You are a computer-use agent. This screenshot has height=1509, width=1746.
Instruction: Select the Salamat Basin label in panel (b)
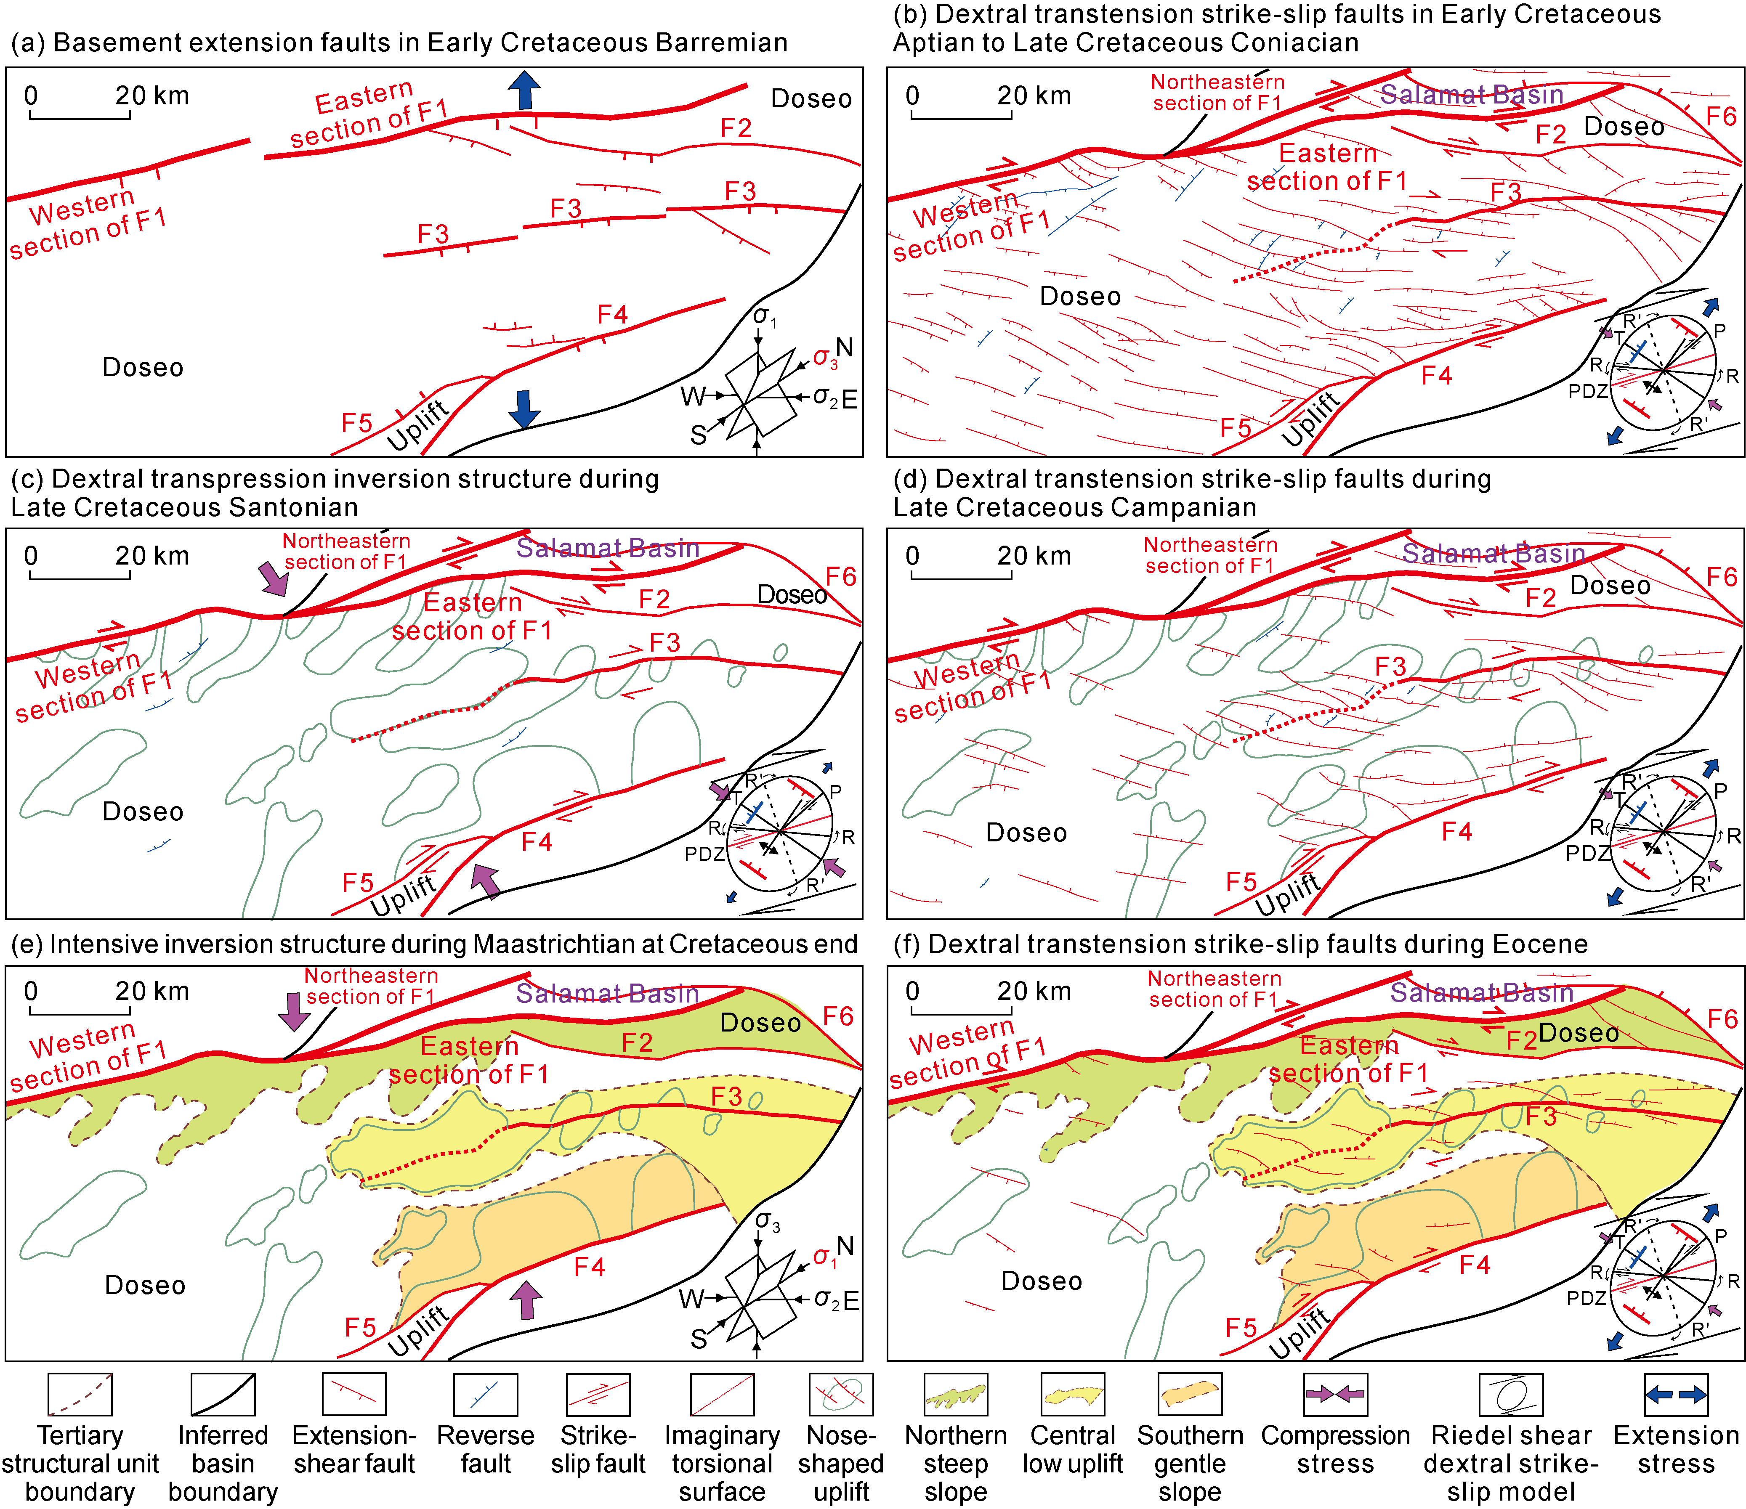[1471, 94]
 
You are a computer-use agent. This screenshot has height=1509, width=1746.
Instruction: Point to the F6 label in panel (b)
[1721, 115]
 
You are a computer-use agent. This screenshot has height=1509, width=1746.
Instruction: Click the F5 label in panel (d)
[1241, 882]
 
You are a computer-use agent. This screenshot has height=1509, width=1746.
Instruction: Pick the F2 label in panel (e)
[637, 1043]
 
